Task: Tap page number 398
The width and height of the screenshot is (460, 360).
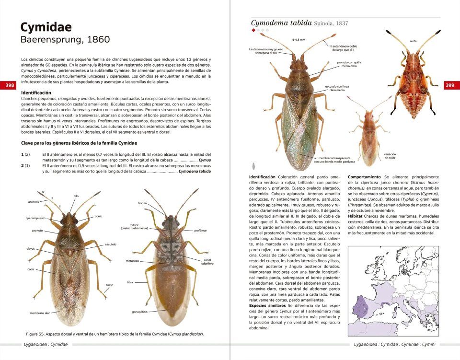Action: (x=10, y=85)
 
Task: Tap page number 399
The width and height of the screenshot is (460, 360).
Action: (x=450, y=85)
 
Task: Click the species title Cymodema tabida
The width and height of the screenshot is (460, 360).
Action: (x=281, y=23)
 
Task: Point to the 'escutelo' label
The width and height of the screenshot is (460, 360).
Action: (x=110, y=244)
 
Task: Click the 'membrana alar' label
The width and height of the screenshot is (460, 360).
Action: (x=40, y=313)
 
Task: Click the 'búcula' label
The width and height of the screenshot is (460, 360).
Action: (x=142, y=203)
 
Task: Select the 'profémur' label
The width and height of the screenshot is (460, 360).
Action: (x=200, y=231)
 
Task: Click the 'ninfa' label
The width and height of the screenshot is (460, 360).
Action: (x=414, y=41)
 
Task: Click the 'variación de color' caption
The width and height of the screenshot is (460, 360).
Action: (x=390, y=156)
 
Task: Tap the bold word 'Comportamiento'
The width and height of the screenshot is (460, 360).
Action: (x=364, y=176)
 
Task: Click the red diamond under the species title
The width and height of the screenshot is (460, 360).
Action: (x=253, y=30)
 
